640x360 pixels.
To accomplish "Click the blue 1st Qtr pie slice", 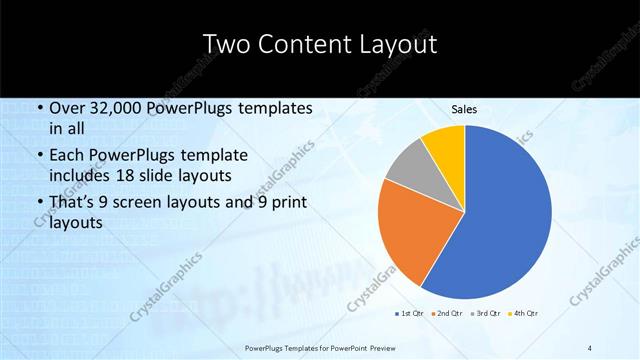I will [505, 215].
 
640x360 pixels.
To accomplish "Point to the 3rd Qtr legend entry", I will [486, 312].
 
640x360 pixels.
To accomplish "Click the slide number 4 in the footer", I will [591, 347].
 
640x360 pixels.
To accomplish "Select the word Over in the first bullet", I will [67, 108].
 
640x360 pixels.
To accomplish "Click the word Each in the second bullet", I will [67, 156].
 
